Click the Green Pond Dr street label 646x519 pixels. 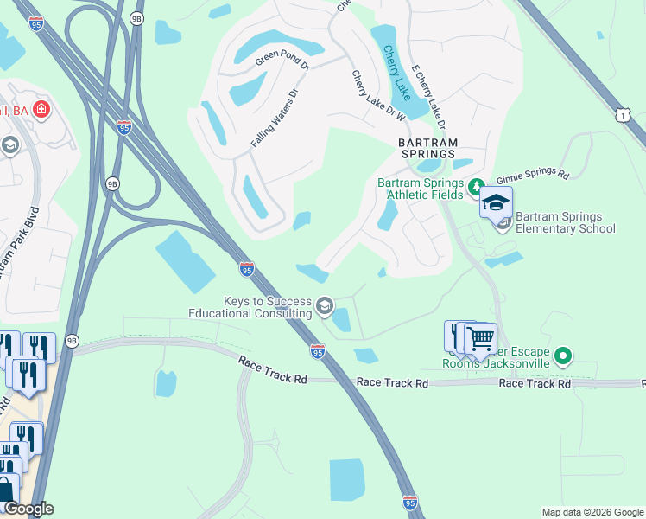tap(282, 61)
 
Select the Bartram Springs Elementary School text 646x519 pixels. tap(566, 222)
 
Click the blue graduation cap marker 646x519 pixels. tap(496, 202)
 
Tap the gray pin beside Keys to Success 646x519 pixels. tap(325, 305)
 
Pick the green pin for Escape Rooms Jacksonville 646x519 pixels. tap(563, 356)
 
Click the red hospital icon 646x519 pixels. tap(41, 110)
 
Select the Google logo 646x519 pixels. tap(28, 509)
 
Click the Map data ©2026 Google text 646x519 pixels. tap(592, 512)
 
